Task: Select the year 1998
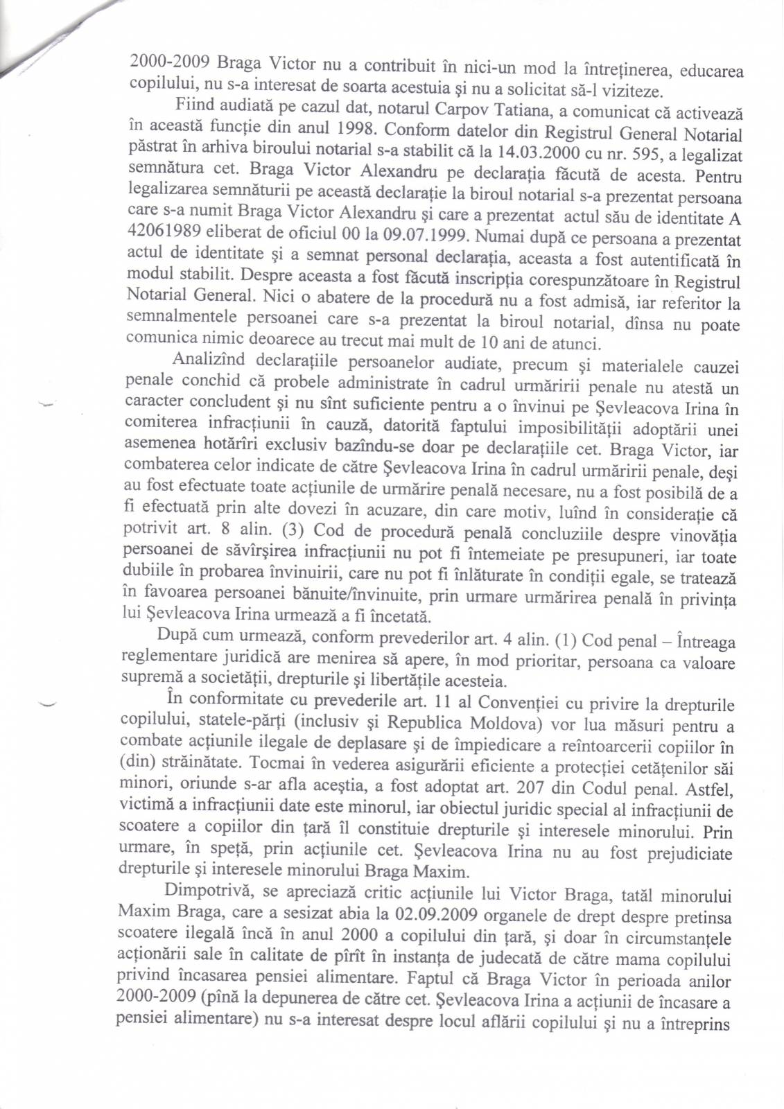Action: [x=356, y=129]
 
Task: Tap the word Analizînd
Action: [x=209, y=360]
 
